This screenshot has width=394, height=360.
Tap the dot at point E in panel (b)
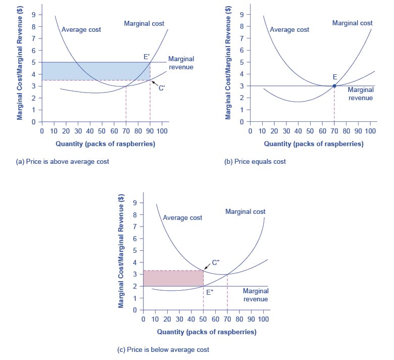tap(334, 86)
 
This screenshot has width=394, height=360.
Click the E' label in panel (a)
tap(146, 56)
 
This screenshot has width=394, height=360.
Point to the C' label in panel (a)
tap(162, 88)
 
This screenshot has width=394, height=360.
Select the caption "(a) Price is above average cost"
tap(63, 161)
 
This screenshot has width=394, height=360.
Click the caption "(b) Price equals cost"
tap(255, 161)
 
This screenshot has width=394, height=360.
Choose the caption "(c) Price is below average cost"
tap(163, 349)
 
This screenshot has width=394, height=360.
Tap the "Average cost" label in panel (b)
tap(289, 29)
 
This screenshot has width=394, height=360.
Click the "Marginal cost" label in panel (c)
tap(245, 211)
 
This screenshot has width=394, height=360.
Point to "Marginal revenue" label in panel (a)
tap(180, 63)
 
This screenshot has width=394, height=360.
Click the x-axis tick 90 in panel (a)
tap(150, 131)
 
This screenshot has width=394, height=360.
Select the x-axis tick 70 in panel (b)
tap(334, 131)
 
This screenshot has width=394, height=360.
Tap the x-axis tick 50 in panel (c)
tap(203, 320)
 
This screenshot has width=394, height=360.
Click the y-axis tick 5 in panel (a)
tap(34, 62)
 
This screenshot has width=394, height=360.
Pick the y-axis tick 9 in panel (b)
tap(242, 14)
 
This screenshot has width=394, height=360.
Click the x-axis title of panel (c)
tap(207, 332)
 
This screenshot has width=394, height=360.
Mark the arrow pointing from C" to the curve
tap(208, 266)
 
